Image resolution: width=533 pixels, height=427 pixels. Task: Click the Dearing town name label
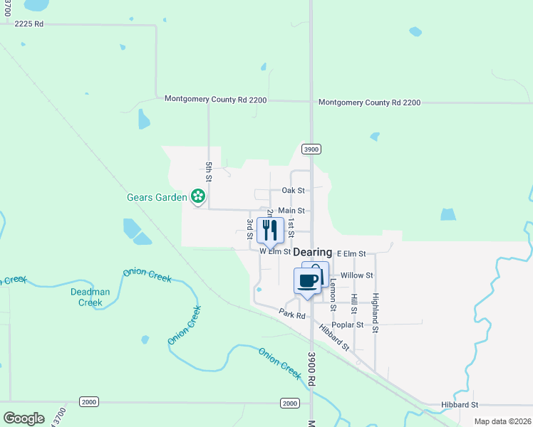312,253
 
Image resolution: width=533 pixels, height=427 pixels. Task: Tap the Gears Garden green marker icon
198,196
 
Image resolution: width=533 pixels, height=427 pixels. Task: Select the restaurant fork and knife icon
270,229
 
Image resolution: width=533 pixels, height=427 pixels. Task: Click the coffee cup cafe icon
307,280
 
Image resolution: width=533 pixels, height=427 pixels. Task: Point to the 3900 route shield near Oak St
311,149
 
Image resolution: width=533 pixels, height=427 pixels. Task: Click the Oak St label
293,191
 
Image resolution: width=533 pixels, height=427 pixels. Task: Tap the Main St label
291,211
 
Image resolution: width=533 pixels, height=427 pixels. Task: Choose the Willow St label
357,275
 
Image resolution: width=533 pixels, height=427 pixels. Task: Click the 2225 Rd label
29,23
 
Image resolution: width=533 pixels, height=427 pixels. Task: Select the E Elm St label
351,253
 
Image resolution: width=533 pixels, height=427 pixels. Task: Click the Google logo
24,418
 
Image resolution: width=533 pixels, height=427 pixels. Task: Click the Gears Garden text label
157,196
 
